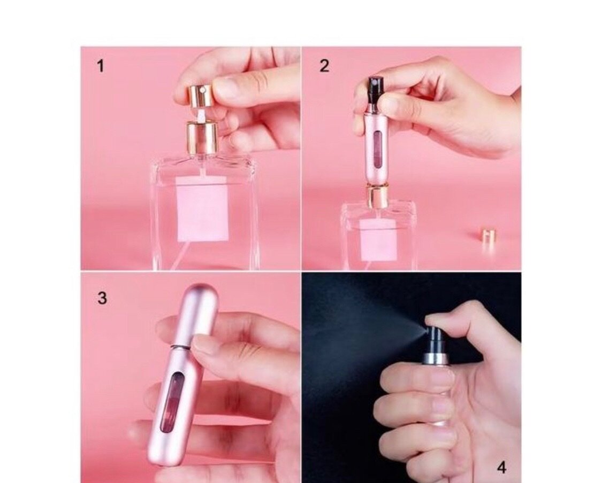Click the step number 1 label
click(x=100, y=66)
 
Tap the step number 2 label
click(x=324, y=66)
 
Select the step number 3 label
click(x=102, y=298)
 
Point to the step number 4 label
click(x=501, y=468)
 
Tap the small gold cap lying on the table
click(x=487, y=235)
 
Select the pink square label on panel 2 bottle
click(x=378, y=240)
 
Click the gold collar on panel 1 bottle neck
click(x=202, y=137)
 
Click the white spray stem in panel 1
click(x=201, y=114)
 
